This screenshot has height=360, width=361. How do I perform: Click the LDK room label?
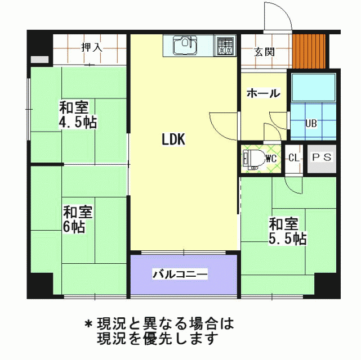[173, 139]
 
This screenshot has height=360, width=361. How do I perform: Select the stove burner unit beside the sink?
[225, 46]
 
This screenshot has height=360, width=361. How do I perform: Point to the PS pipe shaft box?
[322, 159]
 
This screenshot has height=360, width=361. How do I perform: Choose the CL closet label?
[294, 158]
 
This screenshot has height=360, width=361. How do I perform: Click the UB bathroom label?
[311, 123]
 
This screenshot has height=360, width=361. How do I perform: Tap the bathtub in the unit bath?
[314, 87]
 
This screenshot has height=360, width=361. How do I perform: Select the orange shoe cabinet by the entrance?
[309, 51]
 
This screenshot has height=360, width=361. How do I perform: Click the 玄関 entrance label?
[264, 52]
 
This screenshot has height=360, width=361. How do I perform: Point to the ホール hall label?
[264, 93]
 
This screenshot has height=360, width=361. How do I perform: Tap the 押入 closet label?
[92, 47]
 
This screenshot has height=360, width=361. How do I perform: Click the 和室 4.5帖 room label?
[78, 114]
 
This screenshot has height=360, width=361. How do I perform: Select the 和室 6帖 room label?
[78, 219]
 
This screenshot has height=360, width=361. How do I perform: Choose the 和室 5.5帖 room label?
[288, 231]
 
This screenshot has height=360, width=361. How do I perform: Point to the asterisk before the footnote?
[88, 324]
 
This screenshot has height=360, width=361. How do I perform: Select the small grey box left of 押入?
[39, 60]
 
